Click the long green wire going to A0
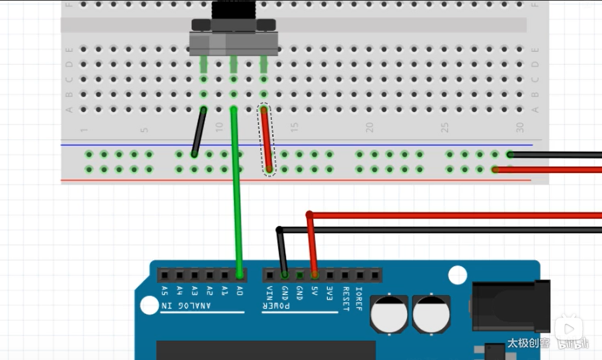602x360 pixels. click(237, 192)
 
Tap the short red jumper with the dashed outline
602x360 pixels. click(267, 140)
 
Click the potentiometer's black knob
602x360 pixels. click(233, 11)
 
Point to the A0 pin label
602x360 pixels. click(240, 292)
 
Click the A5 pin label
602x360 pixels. click(164, 292)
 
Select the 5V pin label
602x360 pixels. click(315, 292)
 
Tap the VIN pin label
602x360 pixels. click(269, 292)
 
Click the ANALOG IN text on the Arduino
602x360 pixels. click(186, 306)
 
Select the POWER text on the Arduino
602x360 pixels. click(276, 306)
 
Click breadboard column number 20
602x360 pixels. click(369, 128)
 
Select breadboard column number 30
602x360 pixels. click(520, 128)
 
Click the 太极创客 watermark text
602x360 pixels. click(527, 343)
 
